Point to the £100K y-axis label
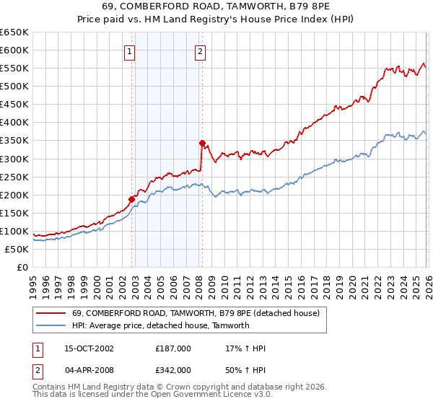(x=15, y=231)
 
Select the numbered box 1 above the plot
(x=129, y=51)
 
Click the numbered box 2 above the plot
(x=199, y=51)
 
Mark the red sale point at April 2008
(x=202, y=143)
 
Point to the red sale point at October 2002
(x=132, y=199)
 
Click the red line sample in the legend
(x=51, y=313)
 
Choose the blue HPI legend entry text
(x=160, y=325)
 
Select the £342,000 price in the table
(x=173, y=369)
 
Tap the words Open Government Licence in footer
(x=197, y=396)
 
